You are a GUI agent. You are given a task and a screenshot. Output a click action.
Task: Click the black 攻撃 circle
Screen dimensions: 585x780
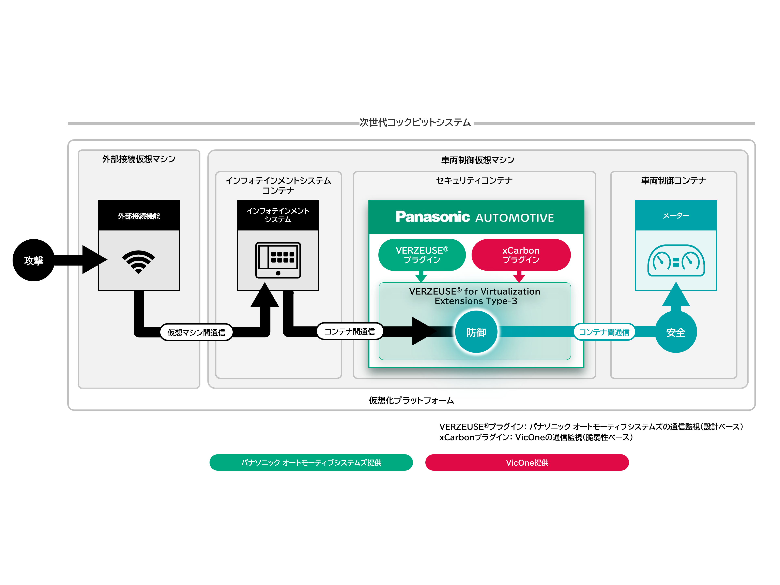(x=33, y=260)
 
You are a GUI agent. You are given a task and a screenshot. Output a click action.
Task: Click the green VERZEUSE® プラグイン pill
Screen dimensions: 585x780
(x=422, y=255)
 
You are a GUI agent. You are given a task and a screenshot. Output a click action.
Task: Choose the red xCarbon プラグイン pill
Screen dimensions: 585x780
(x=521, y=255)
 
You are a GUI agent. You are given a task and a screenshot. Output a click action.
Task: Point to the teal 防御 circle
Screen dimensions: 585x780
(x=476, y=332)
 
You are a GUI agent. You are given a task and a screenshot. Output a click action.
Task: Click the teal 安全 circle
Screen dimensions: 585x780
(x=676, y=332)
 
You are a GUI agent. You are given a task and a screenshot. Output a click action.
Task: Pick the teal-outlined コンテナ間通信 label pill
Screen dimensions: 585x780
(x=604, y=332)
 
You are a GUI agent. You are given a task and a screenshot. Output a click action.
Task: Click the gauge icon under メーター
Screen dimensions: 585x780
(x=676, y=261)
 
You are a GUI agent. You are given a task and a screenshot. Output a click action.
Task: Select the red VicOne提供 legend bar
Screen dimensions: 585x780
(x=527, y=462)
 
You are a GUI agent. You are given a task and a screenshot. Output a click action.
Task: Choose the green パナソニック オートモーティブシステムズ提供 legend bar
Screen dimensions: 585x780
(x=311, y=462)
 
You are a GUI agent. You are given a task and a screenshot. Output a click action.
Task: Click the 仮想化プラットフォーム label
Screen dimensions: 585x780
(x=411, y=400)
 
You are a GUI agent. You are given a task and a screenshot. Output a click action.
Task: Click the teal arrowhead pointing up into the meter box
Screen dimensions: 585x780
(x=676, y=295)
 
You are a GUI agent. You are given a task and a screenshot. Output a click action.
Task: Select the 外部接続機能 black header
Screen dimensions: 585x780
(x=139, y=215)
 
